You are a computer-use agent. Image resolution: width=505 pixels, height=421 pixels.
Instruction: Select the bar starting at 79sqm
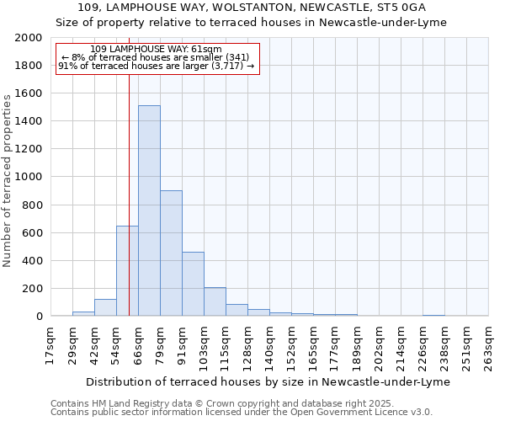(171, 253)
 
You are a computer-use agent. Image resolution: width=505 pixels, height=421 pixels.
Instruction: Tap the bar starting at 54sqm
(127, 271)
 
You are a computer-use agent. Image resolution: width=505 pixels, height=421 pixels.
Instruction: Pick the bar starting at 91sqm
(193, 284)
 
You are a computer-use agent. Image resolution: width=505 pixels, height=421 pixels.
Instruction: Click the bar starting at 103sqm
(215, 301)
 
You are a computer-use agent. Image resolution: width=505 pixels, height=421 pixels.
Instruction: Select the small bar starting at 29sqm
(83, 313)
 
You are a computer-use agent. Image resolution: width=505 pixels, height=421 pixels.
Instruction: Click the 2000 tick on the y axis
(29, 38)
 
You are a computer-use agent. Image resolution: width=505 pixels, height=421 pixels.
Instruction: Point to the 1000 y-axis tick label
(29, 177)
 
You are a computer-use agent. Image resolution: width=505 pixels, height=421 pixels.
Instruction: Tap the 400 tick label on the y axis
(32, 260)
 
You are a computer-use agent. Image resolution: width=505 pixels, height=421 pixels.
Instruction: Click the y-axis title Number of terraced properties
(8, 181)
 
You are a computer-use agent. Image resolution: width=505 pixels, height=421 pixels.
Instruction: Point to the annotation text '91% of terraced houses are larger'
(156, 67)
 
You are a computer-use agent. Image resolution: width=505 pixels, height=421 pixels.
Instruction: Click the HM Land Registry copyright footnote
(241, 403)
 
